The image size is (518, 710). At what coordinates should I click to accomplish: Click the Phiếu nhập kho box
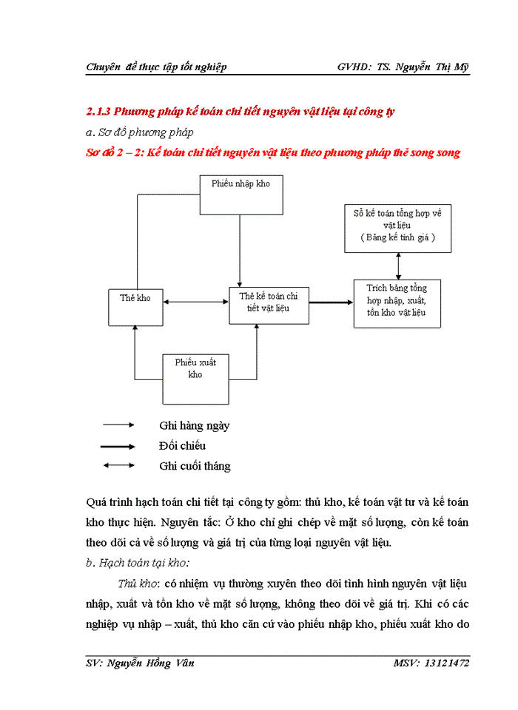pos(240,195)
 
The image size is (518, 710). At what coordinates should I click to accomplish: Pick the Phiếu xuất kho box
pos(196,378)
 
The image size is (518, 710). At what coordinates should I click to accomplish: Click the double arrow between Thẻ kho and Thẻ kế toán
pos(196,302)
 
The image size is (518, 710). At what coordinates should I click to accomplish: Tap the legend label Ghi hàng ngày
pos(194,426)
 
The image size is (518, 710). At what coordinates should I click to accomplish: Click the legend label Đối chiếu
pos(182,446)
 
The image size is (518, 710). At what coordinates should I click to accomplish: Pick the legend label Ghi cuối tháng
pos(195,466)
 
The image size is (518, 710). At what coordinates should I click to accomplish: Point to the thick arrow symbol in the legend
pos(118,447)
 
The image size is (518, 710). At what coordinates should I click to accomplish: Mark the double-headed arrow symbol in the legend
pos(118,466)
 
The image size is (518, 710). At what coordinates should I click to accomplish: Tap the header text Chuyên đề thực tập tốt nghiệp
pos(156,67)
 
